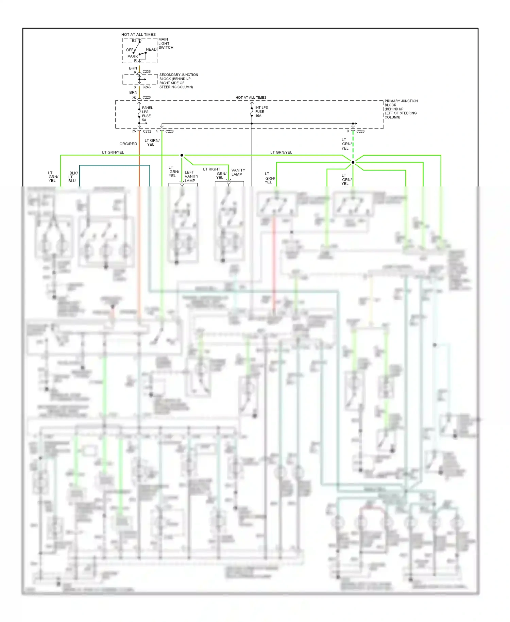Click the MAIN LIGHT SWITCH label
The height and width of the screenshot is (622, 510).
[x=166, y=44]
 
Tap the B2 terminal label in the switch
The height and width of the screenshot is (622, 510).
[x=134, y=40]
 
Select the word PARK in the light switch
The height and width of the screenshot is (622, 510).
[x=133, y=56]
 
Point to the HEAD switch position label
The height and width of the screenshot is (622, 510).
[x=151, y=49]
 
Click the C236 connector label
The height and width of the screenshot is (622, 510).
[x=147, y=71]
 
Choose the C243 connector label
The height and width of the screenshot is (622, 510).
[x=147, y=87]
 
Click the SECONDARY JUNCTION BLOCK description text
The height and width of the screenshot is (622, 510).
[x=178, y=81]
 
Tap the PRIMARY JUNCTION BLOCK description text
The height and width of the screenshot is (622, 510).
[x=401, y=109]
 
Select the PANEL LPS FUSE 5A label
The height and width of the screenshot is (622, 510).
[x=147, y=114]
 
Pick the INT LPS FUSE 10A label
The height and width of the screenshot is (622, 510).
[x=261, y=112]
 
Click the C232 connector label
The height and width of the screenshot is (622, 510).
[x=147, y=131]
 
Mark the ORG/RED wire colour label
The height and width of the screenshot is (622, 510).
[x=128, y=144]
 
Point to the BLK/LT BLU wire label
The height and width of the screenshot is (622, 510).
[x=73, y=177]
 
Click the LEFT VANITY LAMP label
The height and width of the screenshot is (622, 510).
[x=191, y=176]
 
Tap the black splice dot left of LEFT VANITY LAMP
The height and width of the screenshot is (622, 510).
[x=182, y=155]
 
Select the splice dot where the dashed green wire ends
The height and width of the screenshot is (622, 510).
[x=353, y=162]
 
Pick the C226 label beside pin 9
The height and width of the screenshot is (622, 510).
[x=169, y=131]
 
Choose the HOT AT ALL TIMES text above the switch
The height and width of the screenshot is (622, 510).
[x=138, y=34]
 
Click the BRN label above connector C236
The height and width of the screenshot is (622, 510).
[x=133, y=68]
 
